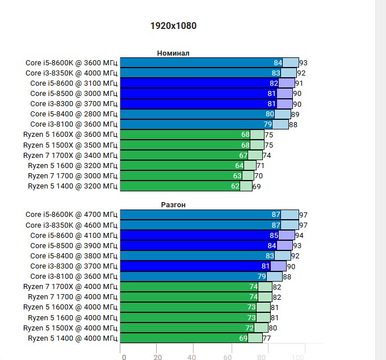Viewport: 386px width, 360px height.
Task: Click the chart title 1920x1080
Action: (173, 26)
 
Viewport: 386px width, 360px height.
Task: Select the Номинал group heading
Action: (173, 53)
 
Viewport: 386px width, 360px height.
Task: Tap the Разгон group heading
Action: (173, 204)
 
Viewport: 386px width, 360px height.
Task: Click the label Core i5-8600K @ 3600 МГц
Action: (72, 62)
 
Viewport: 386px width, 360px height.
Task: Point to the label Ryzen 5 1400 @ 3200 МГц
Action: (73, 186)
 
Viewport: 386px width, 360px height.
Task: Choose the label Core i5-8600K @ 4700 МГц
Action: (72, 215)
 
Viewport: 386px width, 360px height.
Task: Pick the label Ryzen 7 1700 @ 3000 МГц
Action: (73, 175)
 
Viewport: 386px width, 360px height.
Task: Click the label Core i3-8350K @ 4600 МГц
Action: (72, 225)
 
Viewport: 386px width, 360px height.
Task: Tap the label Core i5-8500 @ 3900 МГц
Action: (74, 245)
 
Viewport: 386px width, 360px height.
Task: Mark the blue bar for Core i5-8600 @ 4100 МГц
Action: (199, 235)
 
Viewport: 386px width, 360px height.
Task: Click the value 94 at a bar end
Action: (299, 235)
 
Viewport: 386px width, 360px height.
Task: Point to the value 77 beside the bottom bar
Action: (267, 338)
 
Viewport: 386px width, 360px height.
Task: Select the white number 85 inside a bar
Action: (274, 235)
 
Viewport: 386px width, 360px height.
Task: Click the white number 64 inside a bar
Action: (239, 165)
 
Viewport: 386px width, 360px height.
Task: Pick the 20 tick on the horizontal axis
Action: (158, 357)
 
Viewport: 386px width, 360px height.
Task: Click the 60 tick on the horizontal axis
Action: (228, 357)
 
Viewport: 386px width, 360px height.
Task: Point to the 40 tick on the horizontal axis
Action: (193, 357)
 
